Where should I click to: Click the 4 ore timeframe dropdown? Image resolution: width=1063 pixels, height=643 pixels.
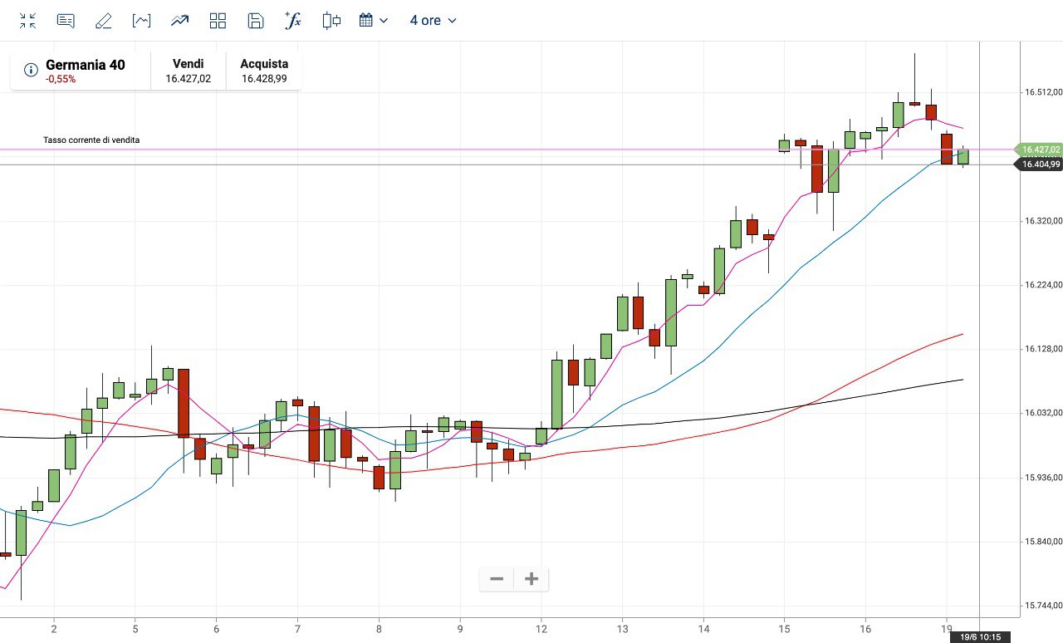(x=433, y=21)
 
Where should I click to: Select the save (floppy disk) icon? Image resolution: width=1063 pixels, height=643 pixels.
(x=256, y=21)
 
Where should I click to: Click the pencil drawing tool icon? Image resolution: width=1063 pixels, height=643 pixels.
(x=103, y=21)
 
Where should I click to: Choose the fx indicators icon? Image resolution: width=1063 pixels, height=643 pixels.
(x=293, y=21)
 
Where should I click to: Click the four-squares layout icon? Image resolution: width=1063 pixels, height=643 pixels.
(x=218, y=21)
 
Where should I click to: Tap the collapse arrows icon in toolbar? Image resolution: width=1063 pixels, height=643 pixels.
(x=27, y=21)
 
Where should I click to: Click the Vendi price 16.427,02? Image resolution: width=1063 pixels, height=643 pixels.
(x=188, y=79)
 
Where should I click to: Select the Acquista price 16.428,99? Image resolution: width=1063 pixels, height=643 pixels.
(x=264, y=79)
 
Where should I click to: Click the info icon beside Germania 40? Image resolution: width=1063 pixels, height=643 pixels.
(x=31, y=70)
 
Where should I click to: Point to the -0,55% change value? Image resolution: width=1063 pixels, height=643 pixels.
(x=61, y=80)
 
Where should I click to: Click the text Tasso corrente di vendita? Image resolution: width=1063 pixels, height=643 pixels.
(x=91, y=140)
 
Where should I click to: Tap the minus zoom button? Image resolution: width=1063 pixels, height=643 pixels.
(x=497, y=579)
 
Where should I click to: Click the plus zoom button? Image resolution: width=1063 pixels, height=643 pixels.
(x=531, y=579)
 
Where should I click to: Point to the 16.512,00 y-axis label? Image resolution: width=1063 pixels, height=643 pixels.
(x=1043, y=92)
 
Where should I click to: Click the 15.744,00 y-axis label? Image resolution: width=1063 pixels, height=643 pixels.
(x=1043, y=606)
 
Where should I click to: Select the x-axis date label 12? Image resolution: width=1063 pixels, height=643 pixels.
(x=541, y=630)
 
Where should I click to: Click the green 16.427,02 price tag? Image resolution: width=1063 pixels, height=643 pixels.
(x=1041, y=150)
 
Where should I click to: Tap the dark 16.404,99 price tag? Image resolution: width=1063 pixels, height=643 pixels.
(x=1041, y=164)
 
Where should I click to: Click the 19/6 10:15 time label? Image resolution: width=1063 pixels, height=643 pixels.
(x=980, y=636)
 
